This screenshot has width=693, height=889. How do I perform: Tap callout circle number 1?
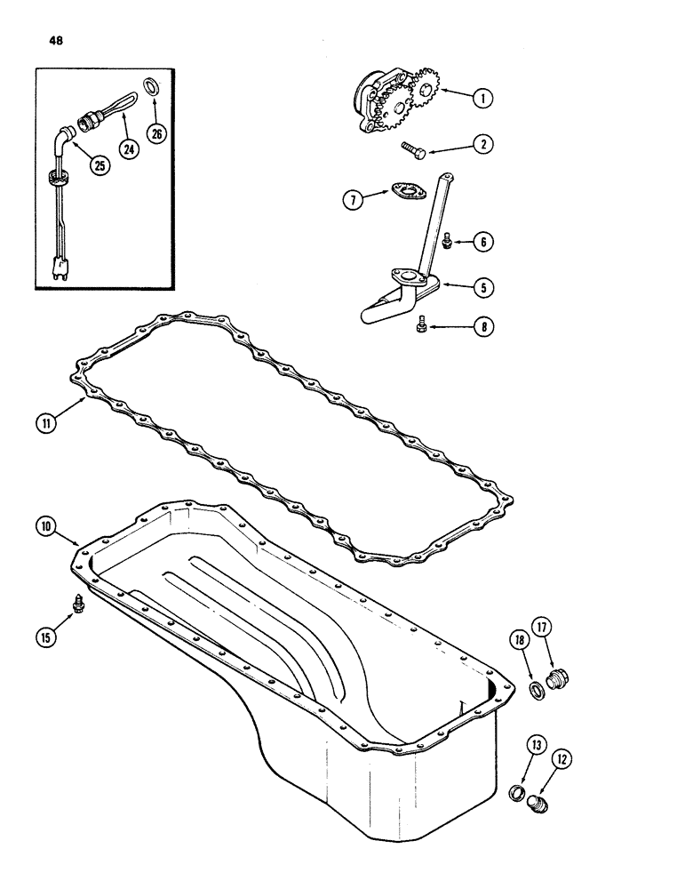(x=482, y=100)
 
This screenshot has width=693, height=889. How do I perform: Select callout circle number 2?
(x=482, y=143)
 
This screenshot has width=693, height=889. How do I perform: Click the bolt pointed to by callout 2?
(x=414, y=148)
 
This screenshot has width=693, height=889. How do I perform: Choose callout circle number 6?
(x=482, y=241)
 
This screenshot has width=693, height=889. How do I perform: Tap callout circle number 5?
(x=482, y=287)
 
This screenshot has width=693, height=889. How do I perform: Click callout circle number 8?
(x=482, y=327)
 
